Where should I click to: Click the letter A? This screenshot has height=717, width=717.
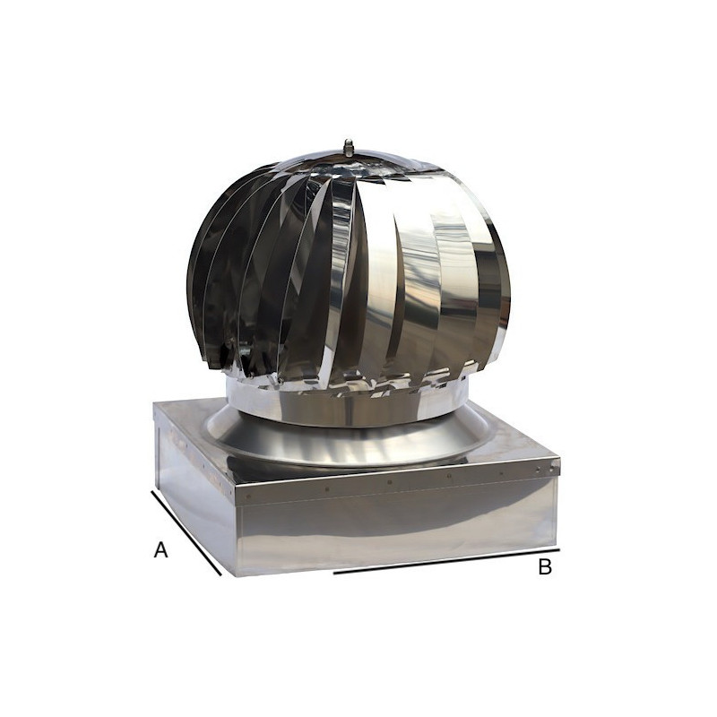[161, 550]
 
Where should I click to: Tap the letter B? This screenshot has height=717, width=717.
[545, 567]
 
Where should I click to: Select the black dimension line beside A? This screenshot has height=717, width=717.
[186, 534]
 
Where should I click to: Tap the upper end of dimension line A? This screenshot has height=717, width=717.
[152, 490]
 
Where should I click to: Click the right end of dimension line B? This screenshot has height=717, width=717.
[558, 549]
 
